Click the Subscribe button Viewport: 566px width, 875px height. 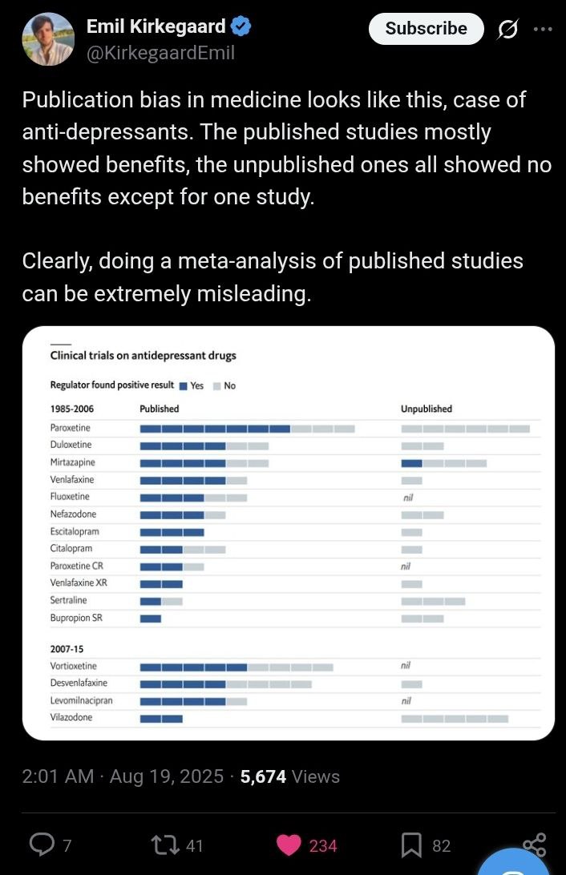426,29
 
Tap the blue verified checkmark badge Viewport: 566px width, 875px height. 241,26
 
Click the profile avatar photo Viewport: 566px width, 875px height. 48,39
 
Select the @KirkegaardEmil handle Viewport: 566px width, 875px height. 161,53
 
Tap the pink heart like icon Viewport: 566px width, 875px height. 289,845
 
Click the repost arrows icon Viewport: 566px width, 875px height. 166,845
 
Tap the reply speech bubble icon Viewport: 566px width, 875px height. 42,845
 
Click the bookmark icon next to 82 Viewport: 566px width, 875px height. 411,845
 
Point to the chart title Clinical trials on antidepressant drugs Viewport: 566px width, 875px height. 143,356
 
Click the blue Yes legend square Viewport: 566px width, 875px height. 183,385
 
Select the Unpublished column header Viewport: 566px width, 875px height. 427,409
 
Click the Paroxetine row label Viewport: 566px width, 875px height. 71,427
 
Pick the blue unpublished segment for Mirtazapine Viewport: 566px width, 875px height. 411,463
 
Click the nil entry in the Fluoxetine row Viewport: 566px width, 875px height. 408,498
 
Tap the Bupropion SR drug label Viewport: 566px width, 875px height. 76,618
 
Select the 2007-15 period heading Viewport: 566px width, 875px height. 67,649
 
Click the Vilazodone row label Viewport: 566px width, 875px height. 71,717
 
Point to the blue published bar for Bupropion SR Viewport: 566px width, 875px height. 150,619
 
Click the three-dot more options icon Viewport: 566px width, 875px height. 543,29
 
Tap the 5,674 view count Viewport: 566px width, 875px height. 263,776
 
